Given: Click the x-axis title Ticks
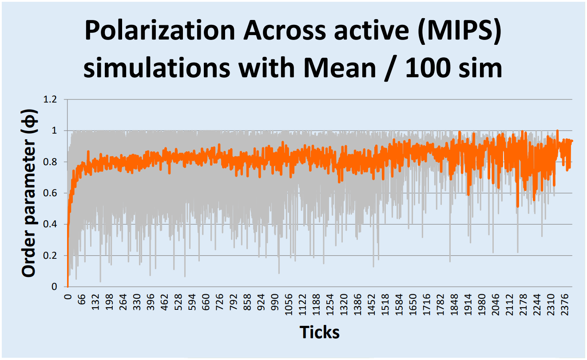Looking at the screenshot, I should pyautogui.click(x=320, y=332).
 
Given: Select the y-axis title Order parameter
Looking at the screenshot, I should pyautogui.click(x=29, y=193).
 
